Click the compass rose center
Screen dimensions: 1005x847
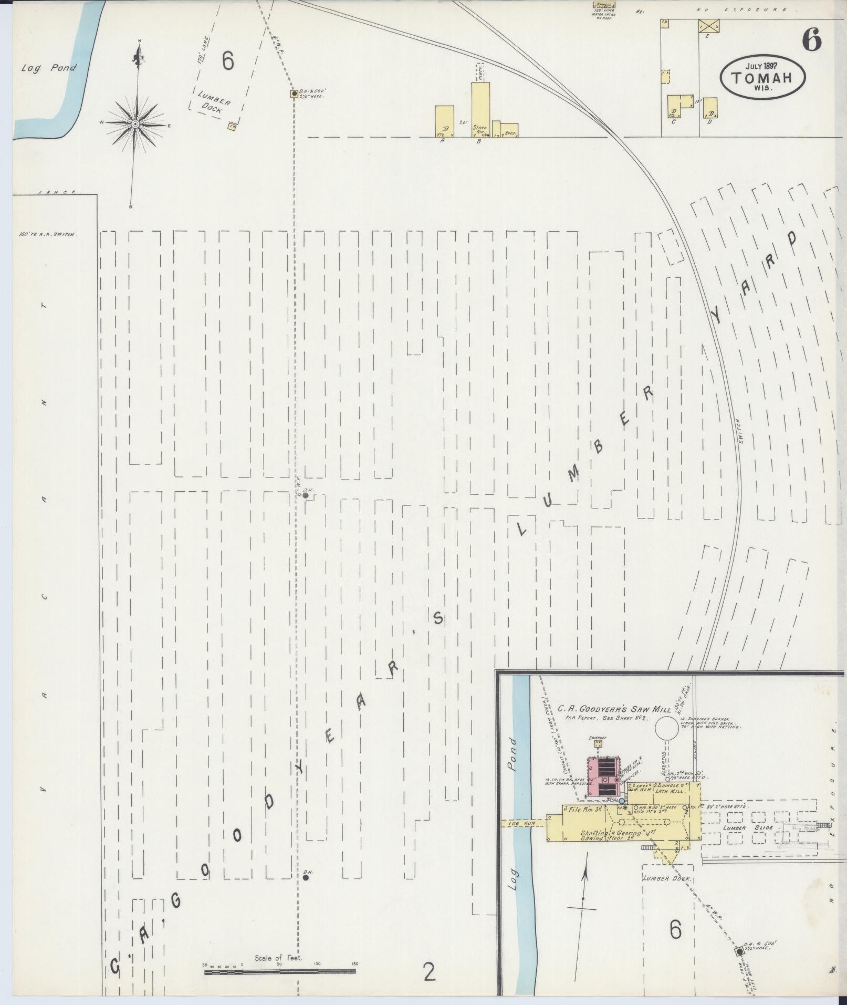click(x=135, y=123)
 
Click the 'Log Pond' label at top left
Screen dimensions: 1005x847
click(x=49, y=68)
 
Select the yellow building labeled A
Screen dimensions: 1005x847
click(x=444, y=121)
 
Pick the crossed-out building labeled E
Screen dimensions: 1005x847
click(x=708, y=26)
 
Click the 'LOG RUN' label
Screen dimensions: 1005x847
click(x=521, y=823)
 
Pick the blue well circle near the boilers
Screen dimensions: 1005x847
click(x=622, y=801)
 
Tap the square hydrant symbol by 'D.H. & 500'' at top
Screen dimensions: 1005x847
click(x=294, y=94)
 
